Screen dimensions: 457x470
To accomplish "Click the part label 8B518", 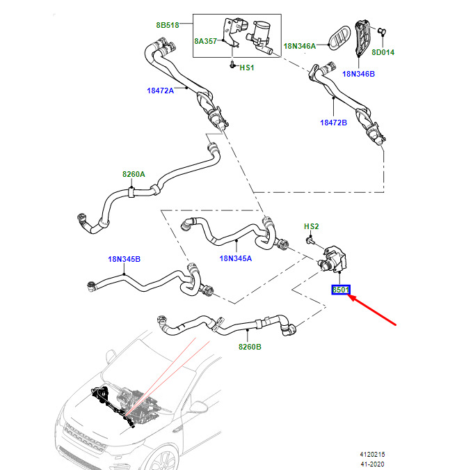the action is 168,25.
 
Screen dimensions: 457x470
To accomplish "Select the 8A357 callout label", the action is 205,41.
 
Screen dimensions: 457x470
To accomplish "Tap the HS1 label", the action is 247,68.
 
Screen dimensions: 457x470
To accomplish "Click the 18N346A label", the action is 300,46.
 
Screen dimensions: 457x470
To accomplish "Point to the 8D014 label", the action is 383,52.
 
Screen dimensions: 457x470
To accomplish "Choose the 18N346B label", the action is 358,74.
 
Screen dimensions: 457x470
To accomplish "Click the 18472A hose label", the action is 160,91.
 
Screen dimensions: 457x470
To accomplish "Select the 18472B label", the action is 333,123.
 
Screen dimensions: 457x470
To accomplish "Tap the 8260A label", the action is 134,174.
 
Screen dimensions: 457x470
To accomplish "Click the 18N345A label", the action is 236,258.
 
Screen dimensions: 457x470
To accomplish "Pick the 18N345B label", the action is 124,259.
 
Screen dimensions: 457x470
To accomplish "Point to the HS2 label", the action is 312,226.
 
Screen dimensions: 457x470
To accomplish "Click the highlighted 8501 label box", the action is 341,290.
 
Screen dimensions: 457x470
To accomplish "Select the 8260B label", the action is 250,347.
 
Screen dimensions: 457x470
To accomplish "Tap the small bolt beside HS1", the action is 232,65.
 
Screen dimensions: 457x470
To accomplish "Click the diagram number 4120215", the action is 372,454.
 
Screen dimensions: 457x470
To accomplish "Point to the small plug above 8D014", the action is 381,31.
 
